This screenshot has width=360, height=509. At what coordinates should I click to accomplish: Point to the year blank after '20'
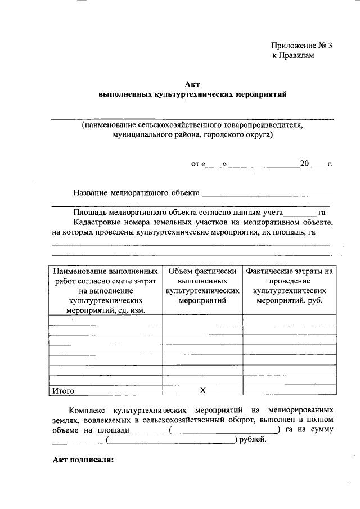click(318, 165)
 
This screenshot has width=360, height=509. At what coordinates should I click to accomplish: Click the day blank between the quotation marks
click(214, 165)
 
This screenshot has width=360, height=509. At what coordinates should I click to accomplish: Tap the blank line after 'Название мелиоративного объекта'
click(267, 194)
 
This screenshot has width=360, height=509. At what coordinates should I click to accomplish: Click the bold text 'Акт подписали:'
click(83, 459)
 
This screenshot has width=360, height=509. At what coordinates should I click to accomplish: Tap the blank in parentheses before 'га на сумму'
click(224, 430)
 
